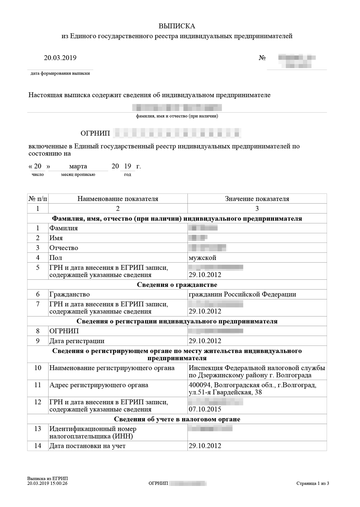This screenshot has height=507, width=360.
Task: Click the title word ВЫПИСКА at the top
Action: click(x=177, y=26)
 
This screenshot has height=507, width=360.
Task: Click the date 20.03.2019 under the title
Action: click(x=60, y=58)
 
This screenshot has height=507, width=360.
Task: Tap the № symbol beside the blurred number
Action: click(x=262, y=58)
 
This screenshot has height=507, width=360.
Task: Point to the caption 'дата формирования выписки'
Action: click(x=60, y=74)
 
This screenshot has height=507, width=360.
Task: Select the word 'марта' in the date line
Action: click(x=78, y=166)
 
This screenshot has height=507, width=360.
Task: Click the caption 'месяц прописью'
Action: click(x=78, y=175)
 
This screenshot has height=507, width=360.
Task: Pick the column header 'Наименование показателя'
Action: click(x=118, y=199)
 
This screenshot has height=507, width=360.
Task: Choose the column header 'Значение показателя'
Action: click(x=257, y=199)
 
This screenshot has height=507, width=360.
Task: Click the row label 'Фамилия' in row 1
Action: click(x=64, y=228)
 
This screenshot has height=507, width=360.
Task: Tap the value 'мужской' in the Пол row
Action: click(x=202, y=258)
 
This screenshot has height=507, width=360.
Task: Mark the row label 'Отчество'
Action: click(x=64, y=248)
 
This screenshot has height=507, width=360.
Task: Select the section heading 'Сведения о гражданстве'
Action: click(x=177, y=285)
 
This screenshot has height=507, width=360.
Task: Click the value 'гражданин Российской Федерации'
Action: click(x=242, y=294)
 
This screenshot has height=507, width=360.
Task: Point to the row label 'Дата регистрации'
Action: click(x=77, y=341)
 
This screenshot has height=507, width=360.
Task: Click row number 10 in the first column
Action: click(x=37, y=368)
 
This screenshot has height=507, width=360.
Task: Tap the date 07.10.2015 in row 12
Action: click(x=205, y=409)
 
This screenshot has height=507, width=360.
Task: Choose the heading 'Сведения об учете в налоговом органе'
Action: click(x=177, y=419)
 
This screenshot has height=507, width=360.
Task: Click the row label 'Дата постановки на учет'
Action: click(x=87, y=446)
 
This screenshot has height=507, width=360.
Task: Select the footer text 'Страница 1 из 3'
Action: click(x=313, y=484)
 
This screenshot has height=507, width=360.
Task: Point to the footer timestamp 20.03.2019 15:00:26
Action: click(x=47, y=484)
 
